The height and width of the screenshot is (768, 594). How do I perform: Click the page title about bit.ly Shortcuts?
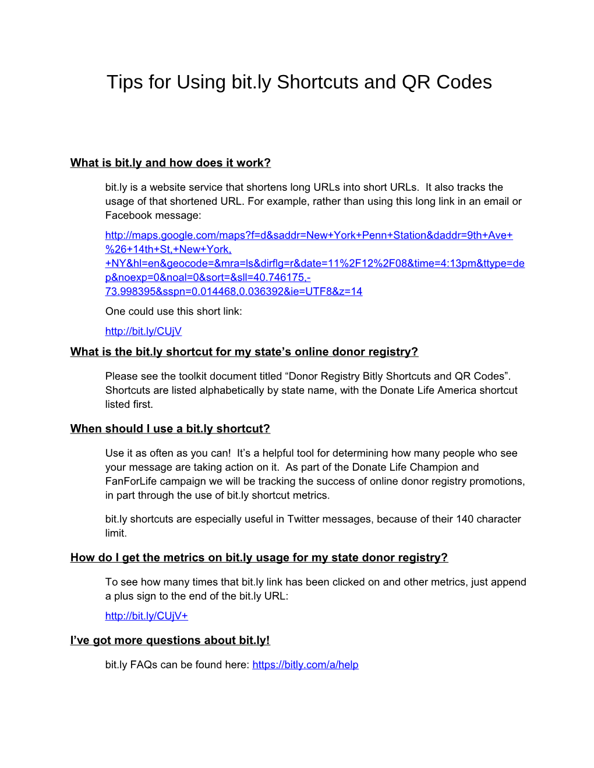click(x=299, y=82)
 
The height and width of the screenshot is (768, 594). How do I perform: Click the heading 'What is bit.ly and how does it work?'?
click(x=170, y=163)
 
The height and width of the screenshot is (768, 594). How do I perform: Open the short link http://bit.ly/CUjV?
click(x=143, y=331)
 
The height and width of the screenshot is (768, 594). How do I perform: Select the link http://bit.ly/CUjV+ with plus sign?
click(x=146, y=616)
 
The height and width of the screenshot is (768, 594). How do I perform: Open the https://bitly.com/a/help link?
click(x=305, y=664)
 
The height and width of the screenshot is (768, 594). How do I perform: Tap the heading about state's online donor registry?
click(x=244, y=352)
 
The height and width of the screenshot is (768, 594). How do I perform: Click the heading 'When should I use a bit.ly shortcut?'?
click(x=170, y=429)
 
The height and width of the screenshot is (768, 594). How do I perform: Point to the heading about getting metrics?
click(x=259, y=558)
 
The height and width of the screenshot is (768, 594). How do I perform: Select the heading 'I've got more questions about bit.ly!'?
click(x=170, y=641)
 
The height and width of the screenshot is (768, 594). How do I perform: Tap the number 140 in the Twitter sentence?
click(x=465, y=519)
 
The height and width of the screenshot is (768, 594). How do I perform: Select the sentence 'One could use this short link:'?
click(x=174, y=311)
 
